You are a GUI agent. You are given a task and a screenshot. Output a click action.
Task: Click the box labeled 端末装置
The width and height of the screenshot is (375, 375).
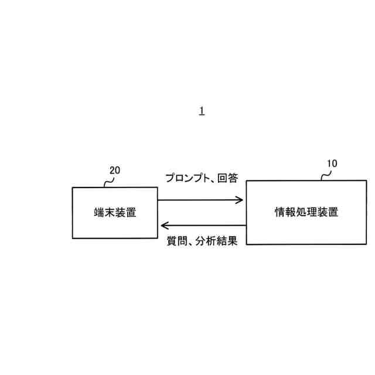115,226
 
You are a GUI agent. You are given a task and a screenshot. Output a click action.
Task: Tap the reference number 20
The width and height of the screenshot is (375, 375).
115,171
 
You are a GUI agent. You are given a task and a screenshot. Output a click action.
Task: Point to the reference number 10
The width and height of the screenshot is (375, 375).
331,164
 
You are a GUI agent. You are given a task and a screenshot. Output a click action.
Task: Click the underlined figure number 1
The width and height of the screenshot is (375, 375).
202,111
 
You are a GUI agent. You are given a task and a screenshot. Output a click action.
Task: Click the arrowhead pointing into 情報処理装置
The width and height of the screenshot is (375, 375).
239,200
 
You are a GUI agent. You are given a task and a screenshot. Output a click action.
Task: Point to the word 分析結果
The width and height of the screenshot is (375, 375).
217,241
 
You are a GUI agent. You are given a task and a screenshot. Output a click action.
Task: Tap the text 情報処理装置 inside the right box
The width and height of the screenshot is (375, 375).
306,212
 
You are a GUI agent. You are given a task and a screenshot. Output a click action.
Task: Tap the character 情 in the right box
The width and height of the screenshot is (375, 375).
280,212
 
